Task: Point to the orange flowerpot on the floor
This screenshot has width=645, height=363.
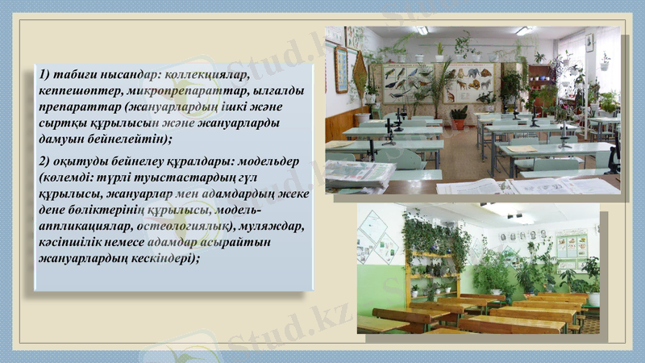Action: pyautogui.click(x=459, y=123)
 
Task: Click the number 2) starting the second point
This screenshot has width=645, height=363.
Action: pyautogui.click(x=44, y=160)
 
